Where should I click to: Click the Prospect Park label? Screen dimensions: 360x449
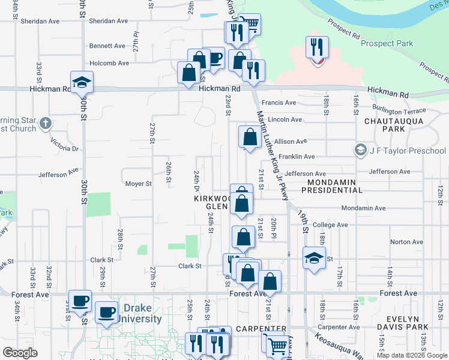tap(387, 43)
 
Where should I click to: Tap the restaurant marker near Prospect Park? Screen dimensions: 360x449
tap(316, 47)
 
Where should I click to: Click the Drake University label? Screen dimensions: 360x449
tap(142, 314)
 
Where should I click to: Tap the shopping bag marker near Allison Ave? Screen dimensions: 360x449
tap(249, 137)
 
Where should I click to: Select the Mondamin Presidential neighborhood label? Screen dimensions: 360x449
tap(332, 186)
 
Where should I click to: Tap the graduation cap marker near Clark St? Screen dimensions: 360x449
tap(314, 258)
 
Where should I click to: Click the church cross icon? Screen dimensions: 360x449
tap(46, 125)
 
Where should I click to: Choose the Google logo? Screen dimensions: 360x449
tap(20, 353)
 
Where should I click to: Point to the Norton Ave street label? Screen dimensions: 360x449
tap(402, 242)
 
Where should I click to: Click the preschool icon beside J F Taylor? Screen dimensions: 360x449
tap(361, 150)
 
